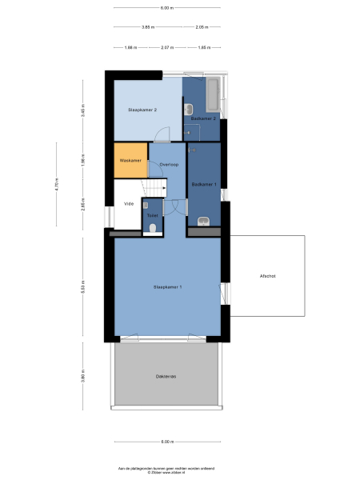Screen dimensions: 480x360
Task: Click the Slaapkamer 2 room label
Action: point(142,110)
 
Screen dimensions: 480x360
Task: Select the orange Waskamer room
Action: point(130,160)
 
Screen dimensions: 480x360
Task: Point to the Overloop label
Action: point(168,164)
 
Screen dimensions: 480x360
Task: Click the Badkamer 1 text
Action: point(204,185)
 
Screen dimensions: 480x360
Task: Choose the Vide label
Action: point(128,203)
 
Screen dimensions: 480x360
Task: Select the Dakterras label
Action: point(166,375)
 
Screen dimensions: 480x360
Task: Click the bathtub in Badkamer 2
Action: point(215,96)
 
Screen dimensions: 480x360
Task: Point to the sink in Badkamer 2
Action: point(188,109)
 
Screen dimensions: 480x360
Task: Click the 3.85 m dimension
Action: point(147,27)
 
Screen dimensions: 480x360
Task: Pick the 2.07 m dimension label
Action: point(166,48)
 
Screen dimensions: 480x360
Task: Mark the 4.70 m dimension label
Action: point(57,190)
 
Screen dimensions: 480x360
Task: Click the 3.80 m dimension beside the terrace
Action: point(82,375)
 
